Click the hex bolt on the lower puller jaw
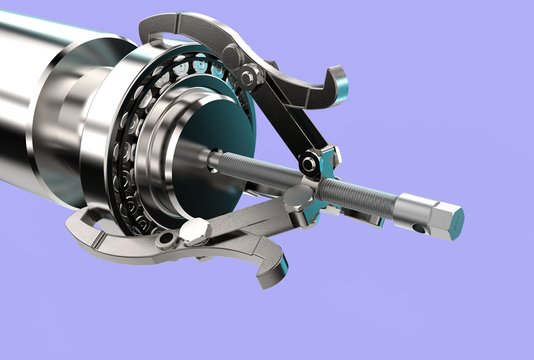coord(195,234)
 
